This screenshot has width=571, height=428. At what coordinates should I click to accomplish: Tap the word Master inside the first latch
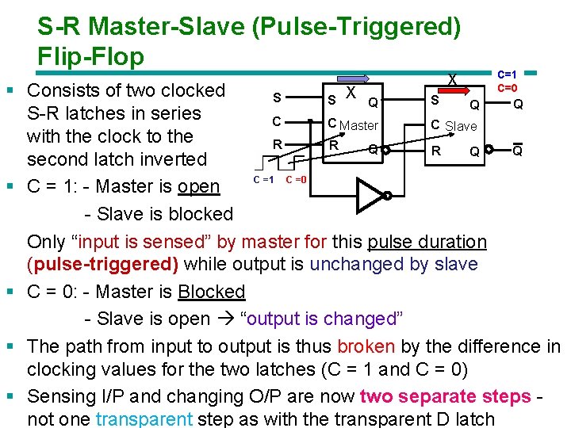pos(358,125)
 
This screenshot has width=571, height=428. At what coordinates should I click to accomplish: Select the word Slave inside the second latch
pos(461,126)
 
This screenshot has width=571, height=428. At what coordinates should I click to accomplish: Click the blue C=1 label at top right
pos(508,75)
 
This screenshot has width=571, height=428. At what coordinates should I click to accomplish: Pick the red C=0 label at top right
pos(508,87)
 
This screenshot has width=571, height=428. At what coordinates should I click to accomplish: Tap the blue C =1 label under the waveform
pos(263,179)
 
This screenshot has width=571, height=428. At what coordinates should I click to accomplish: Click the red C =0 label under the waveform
pos(296,180)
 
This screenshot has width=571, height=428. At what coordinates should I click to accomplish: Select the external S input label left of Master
pos(276,98)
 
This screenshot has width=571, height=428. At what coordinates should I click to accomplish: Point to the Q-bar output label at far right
pos(516,151)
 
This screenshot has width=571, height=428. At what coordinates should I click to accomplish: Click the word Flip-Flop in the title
pos(90,57)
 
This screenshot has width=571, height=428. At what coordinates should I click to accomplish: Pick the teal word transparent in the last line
pos(144,419)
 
